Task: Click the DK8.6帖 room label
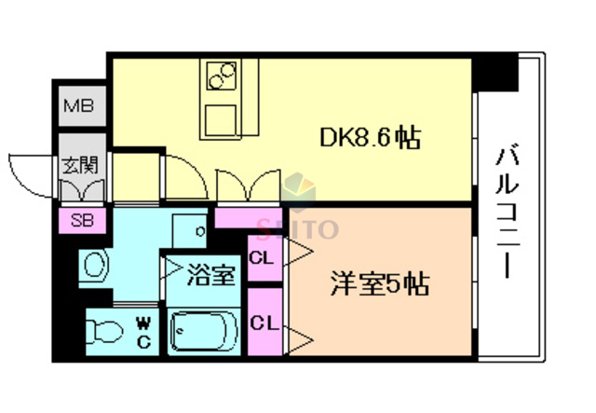click(x=371, y=139)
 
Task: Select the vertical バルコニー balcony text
click(x=508, y=210)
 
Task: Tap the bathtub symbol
click(x=206, y=331)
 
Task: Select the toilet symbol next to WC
click(x=103, y=331)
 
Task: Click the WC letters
click(x=143, y=331)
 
